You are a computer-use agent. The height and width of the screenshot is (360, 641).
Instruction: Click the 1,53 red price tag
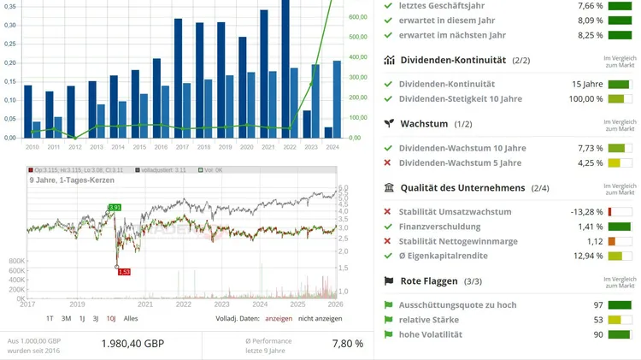pos(124,271)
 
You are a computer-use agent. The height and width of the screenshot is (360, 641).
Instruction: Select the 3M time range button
pos(67,318)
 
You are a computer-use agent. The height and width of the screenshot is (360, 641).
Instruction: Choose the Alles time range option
pos(131,318)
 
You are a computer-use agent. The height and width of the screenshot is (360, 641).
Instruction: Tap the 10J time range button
pos(111,318)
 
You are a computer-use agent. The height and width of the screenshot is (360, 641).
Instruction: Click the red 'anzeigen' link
pos(279,318)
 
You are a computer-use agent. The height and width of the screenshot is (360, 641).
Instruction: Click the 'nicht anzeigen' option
pos(320,318)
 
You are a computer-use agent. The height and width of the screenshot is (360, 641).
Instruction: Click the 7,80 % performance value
pos(347,344)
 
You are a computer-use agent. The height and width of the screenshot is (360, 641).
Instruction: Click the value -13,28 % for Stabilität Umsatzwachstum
pos(586,212)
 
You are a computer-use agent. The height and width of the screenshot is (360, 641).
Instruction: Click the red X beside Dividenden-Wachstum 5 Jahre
pos(388,162)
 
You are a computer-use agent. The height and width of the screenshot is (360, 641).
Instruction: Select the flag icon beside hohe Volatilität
pos(388,333)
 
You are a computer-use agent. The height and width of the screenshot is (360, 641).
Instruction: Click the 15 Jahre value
pos(587,84)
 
